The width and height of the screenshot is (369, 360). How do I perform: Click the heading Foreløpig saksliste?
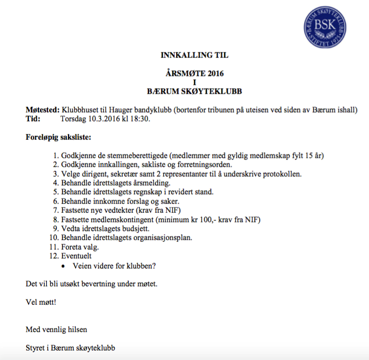[59, 137]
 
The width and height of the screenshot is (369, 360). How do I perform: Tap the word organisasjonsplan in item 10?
[159, 237]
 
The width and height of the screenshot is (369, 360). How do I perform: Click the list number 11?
[54, 246]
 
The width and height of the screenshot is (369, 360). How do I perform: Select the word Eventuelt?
[77, 255]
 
